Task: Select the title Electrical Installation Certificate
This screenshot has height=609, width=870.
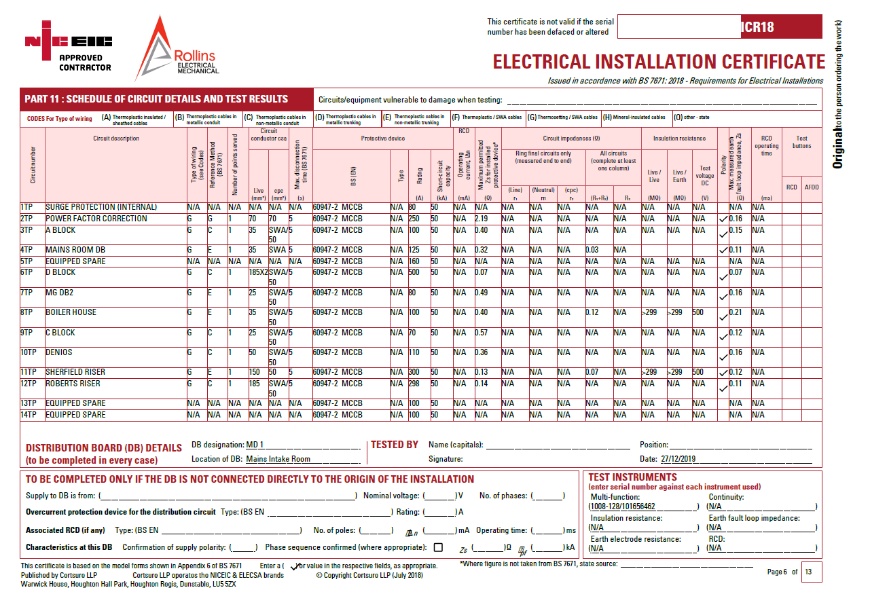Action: pos(659,62)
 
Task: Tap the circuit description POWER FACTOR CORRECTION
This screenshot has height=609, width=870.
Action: pos(96,219)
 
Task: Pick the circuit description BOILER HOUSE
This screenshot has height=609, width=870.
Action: pos(71,312)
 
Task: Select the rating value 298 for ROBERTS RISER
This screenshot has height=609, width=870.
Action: pos(414,384)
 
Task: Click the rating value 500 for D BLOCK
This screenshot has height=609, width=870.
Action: pos(414,272)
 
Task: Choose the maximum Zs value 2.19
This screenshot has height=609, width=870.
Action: pos(482,219)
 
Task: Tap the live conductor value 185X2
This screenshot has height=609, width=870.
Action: pos(258,272)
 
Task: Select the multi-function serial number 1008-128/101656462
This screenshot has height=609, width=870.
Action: pos(622,506)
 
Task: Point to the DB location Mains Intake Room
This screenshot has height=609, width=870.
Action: pos(278,459)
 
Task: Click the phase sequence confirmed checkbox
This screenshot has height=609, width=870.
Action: pos(438,547)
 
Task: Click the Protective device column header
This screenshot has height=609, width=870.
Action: pos(382,139)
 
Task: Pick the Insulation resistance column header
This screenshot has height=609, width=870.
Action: pos(679,139)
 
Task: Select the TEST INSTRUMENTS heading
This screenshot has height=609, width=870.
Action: pos(632,477)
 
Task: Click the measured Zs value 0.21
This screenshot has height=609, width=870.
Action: pos(736,312)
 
